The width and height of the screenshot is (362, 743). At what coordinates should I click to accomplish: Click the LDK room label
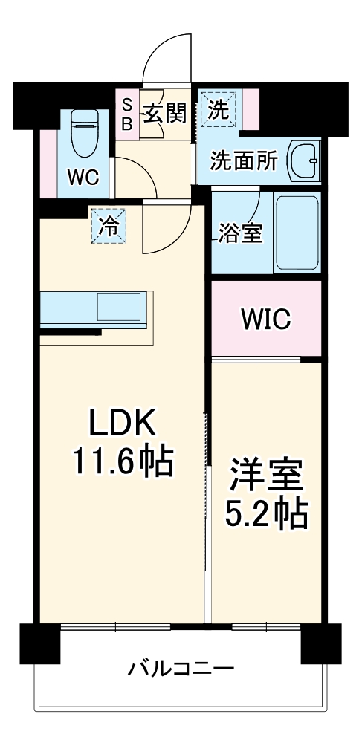[x=123, y=423]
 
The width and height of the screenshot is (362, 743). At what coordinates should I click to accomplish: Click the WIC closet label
[x=265, y=319]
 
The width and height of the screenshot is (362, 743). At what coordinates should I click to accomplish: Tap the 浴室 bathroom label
[x=239, y=233]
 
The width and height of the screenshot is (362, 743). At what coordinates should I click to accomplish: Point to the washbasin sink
[x=304, y=160]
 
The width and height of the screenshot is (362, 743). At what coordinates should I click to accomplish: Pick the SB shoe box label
[x=126, y=113]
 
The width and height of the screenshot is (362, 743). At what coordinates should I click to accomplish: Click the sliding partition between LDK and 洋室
[x=207, y=490]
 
